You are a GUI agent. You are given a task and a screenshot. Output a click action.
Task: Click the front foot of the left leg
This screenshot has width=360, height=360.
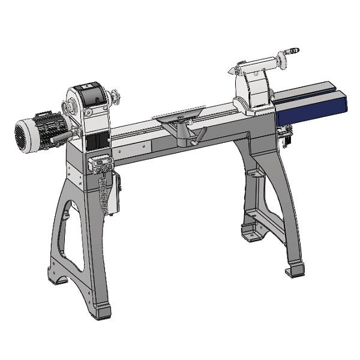(102, 310)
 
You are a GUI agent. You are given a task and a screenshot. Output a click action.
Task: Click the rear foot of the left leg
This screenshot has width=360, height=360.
(59, 278)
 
